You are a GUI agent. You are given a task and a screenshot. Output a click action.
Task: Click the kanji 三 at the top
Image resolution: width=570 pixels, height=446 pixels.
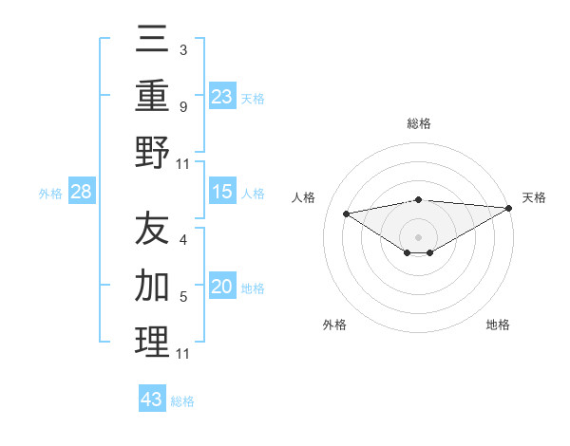[x=152, y=41]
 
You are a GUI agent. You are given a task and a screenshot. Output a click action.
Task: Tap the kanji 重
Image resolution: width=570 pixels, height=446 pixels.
[x=152, y=97]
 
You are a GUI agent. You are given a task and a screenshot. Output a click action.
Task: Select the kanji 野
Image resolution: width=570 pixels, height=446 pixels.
[x=152, y=152]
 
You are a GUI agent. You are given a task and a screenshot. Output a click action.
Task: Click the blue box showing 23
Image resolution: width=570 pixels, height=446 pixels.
[x=222, y=96]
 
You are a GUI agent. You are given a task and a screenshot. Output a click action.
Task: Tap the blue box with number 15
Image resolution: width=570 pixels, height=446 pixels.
[x=222, y=193]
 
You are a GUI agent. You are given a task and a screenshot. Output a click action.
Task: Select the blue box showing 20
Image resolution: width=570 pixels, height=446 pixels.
[x=222, y=288]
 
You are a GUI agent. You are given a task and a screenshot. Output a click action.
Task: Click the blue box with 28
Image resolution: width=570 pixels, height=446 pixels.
[x=82, y=193]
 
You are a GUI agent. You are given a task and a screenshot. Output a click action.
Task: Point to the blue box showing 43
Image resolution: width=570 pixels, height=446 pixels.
[x=152, y=400]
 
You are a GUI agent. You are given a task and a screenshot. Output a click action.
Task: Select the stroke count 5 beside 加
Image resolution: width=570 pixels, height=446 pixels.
[x=183, y=296]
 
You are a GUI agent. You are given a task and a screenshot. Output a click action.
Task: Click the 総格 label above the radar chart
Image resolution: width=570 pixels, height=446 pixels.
[x=419, y=123]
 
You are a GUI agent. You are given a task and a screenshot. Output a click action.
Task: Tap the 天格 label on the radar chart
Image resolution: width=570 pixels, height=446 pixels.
[x=534, y=197]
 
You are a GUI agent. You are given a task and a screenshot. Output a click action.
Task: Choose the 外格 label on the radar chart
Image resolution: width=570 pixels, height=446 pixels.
[x=334, y=325]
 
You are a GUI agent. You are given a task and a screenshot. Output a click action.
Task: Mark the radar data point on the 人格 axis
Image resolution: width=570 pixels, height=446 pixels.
[x=346, y=213]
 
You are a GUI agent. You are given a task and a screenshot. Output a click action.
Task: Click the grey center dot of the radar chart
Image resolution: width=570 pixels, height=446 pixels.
[x=419, y=236]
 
